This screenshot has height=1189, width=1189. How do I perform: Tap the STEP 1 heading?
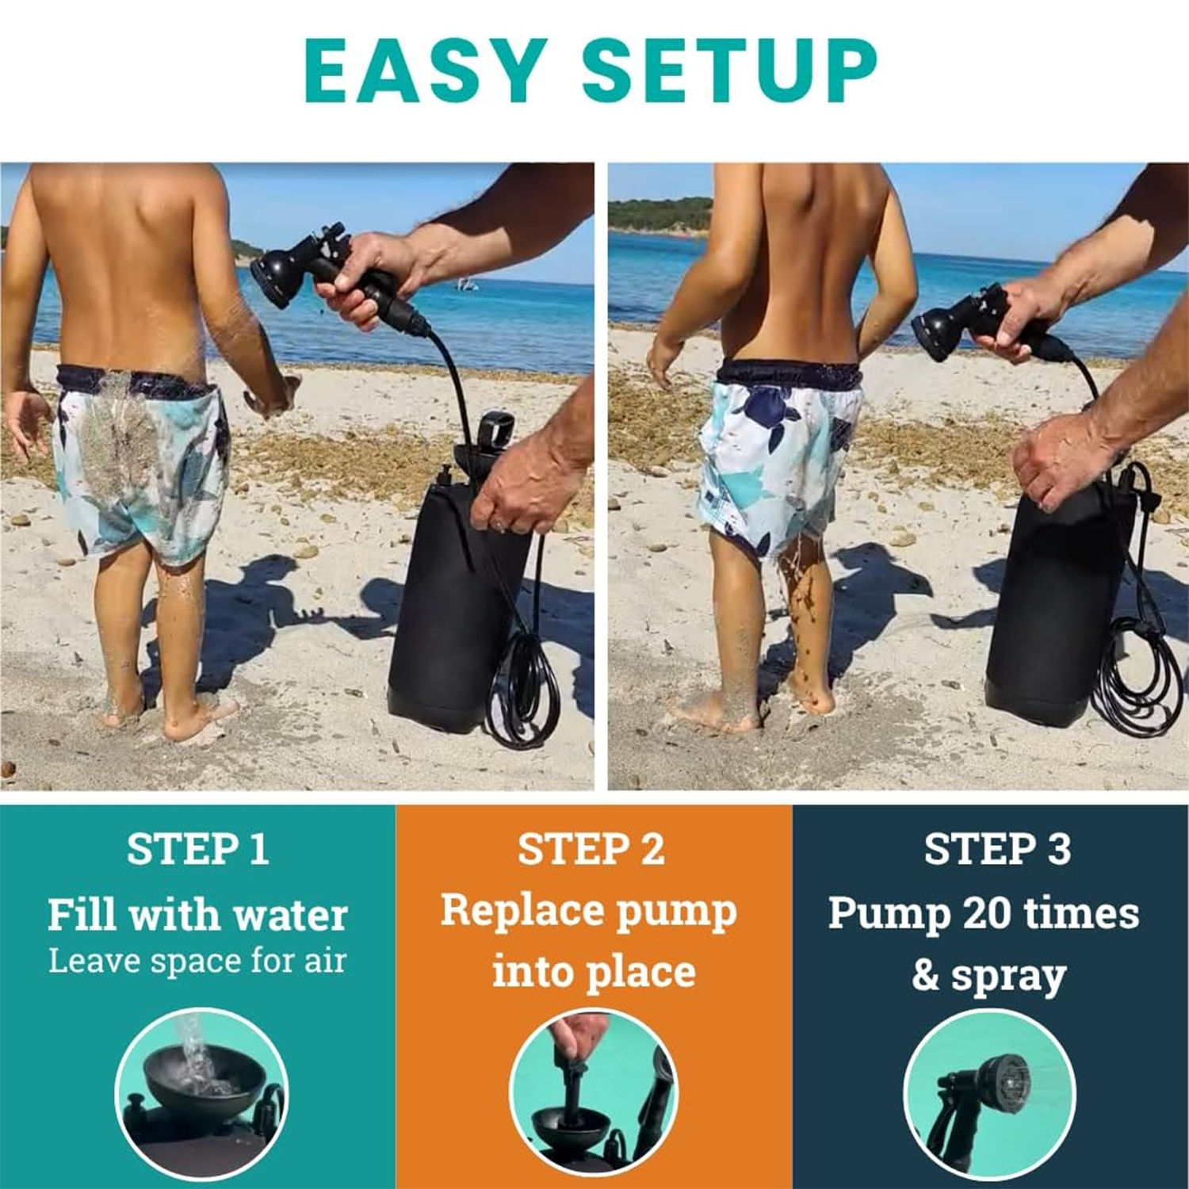coord(198,849)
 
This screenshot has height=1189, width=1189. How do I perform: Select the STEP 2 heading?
coord(591,849)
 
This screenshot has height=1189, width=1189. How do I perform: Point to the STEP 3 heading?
coord(997,849)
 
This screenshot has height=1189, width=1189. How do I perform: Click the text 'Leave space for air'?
coord(197,961)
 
